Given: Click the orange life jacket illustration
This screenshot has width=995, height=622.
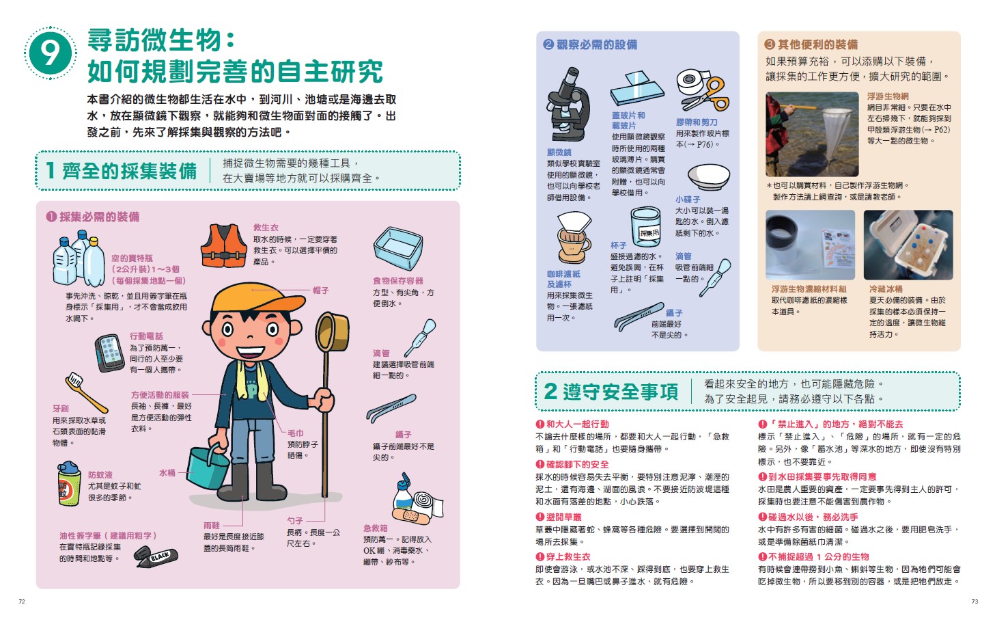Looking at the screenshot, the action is (x=223, y=245).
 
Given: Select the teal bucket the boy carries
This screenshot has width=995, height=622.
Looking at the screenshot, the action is (x=208, y=467).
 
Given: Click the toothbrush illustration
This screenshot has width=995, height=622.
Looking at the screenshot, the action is (x=86, y=392).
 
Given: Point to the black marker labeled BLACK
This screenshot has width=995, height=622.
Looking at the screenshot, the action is (x=156, y=558).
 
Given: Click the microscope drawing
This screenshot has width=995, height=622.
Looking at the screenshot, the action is (x=568, y=105).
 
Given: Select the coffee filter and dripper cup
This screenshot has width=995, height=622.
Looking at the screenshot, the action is (x=574, y=238).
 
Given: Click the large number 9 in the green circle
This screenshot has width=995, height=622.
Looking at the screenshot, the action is (x=51, y=53).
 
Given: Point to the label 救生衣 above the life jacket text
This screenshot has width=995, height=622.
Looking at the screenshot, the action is (x=266, y=228).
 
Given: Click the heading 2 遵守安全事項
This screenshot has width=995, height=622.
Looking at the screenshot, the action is (x=611, y=392).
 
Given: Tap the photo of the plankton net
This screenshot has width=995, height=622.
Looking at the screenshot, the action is (x=812, y=134).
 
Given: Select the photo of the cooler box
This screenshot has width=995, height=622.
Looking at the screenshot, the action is (x=908, y=245).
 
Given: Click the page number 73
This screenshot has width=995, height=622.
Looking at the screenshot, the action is (x=975, y=601).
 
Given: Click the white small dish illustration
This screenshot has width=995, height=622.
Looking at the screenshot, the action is (x=708, y=177).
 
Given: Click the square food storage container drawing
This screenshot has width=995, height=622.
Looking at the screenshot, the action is (x=398, y=248).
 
